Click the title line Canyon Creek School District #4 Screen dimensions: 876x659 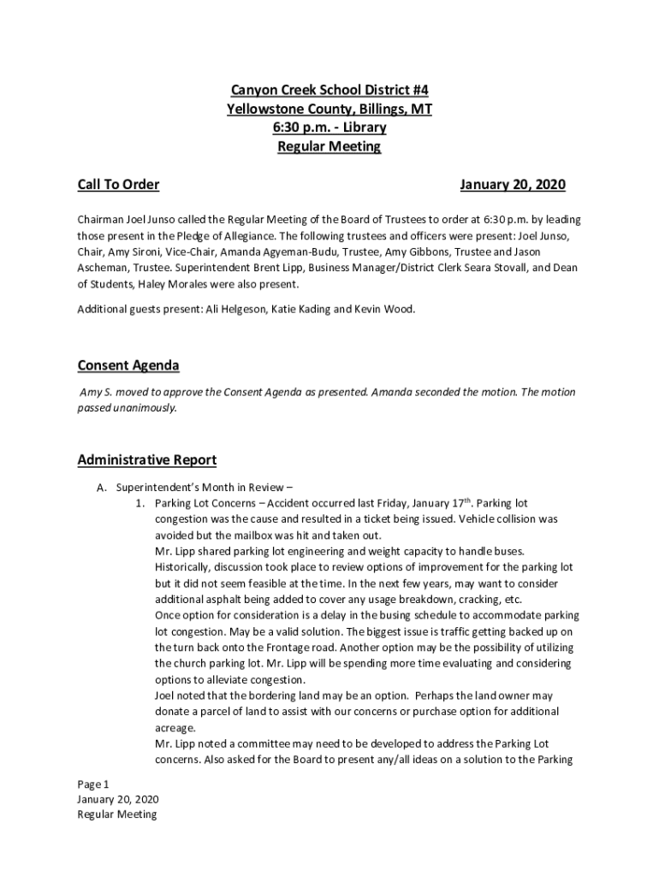(x=329, y=91)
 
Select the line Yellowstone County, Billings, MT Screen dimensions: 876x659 (x=329, y=109)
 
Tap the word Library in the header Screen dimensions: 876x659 (x=365, y=127)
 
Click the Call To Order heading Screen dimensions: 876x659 (x=118, y=185)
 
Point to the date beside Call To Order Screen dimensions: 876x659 (x=512, y=185)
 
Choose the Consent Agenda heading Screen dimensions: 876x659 (x=128, y=366)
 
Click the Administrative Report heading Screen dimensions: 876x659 (x=146, y=460)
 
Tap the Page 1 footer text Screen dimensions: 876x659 (x=93, y=784)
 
